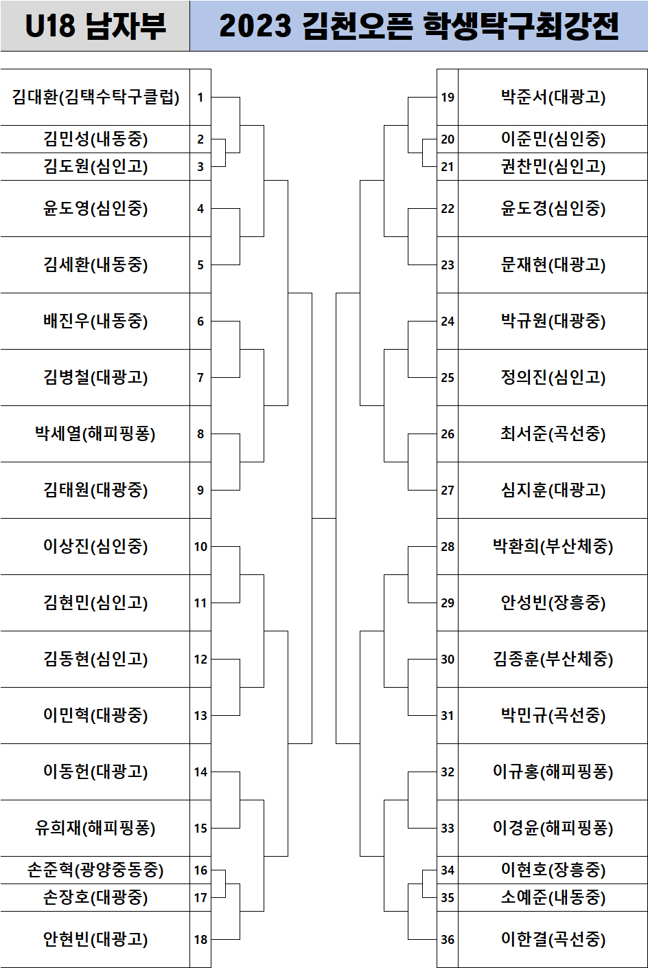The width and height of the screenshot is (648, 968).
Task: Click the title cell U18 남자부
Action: tap(95, 26)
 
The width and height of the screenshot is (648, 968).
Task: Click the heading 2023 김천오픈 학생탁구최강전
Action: tap(419, 26)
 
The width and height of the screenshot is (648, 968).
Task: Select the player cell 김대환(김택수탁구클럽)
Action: tap(95, 97)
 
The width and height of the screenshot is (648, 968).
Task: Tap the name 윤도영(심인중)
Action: tap(95, 208)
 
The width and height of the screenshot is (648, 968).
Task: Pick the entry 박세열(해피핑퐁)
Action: tap(95, 434)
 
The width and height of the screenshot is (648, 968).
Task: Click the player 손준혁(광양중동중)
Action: tap(95, 870)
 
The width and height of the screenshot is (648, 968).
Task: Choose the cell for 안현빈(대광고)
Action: tap(95, 939)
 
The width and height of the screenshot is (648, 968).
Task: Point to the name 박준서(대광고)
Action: tap(553, 97)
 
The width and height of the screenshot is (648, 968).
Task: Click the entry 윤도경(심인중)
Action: tap(553, 208)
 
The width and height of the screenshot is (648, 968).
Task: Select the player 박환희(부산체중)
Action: tap(553, 546)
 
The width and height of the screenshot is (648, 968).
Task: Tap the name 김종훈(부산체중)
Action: tap(553, 659)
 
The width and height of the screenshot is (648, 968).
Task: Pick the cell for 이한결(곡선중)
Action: tap(553, 939)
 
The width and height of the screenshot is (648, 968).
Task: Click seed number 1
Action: tap(200, 97)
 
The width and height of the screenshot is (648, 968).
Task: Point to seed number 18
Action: tap(200, 939)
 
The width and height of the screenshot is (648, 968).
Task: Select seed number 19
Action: tap(448, 97)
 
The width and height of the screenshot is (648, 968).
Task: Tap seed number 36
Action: tap(448, 939)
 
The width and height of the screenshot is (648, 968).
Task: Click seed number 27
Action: tap(448, 490)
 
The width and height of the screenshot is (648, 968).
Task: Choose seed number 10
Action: tap(200, 546)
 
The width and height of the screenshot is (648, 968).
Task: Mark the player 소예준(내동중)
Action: tap(553, 897)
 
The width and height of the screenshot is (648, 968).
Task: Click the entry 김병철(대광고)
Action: tap(95, 377)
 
